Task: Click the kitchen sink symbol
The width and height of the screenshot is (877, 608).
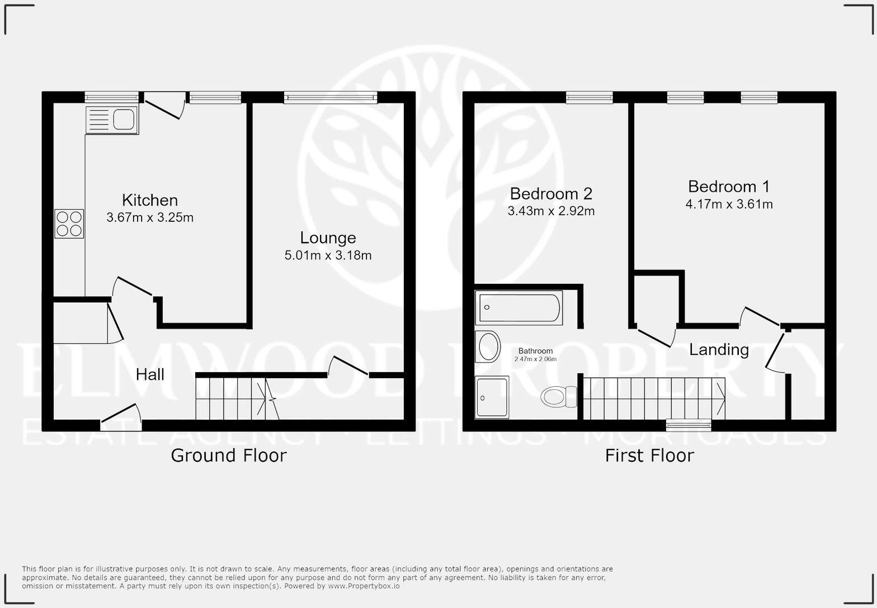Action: pyautogui.click(x=112, y=120)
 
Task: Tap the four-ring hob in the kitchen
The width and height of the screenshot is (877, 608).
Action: pyautogui.click(x=69, y=224)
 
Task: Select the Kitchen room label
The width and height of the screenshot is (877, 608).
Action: pyautogui.click(x=150, y=200)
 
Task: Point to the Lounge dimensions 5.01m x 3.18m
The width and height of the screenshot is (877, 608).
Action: pyautogui.click(x=328, y=255)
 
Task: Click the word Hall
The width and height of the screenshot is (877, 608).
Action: pyautogui.click(x=150, y=374)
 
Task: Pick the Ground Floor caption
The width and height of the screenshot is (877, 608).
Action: pyautogui.click(x=228, y=455)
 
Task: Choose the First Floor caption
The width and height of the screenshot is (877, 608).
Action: pyautogui.click(x=649, y=455)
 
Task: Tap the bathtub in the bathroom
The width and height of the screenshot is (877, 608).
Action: pyautogui.click(x=518, y=307)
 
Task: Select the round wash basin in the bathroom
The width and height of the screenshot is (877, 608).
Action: pyautogui.click(x=488, y=346)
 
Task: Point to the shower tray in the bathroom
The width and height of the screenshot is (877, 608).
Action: pyautogui.click(x=492, y=397)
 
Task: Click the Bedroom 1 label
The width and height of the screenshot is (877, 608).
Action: pyautogui.click(x=728, y=186)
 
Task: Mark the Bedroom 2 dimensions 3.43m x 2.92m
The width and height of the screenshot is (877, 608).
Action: pyautogui.click(x=551, y=211)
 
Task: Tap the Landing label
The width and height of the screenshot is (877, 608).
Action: pyautogui.click(x=719, y=350)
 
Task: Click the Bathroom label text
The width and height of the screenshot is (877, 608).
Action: pyautogui.click(x=535, y=351)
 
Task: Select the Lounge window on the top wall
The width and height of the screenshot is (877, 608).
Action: pyautogui.click(x=331, y=98)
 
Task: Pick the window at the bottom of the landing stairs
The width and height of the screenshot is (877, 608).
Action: pyautogui.click(x=689, y=425)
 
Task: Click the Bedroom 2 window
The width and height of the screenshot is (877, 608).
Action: pyautogui.click(x=590, y=98)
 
